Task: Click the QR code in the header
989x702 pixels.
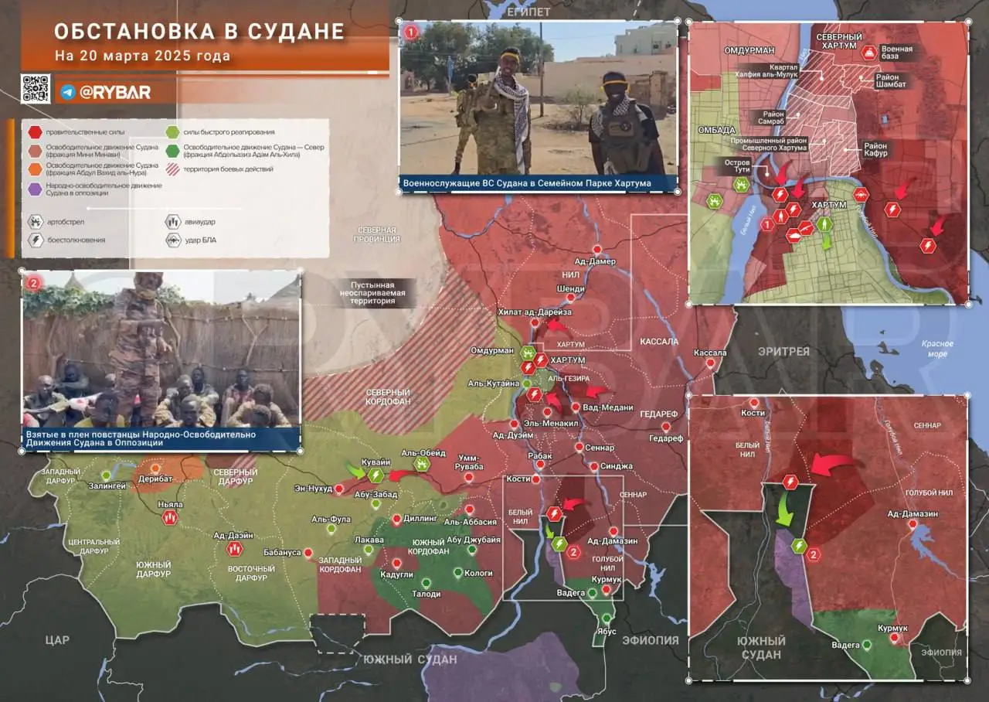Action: coord(36,89)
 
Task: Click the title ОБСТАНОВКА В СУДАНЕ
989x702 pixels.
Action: coord(199,32)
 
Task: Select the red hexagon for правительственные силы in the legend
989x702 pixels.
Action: coord(36,132)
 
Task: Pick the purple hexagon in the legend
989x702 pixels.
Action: coord(36,189)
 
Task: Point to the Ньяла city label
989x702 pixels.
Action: coord(170,505)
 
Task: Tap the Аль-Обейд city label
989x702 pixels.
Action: coord(423,453)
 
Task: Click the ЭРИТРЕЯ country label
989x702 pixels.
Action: coord(783,352)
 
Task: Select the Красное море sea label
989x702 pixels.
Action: coord(937,349)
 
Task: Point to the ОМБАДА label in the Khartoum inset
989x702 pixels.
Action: coord(715,130)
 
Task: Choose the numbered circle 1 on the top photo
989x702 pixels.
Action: coord(411,32)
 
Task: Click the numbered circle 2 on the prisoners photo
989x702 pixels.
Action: coord(32,283)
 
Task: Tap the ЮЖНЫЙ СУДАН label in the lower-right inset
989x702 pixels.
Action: coord(760,648)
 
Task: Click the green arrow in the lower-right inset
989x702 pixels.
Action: coord(785,510)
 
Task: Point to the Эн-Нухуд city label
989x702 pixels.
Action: coord(313,488)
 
